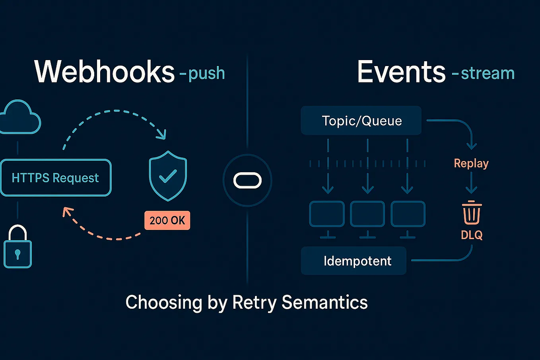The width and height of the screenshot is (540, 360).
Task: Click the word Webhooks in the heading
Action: point(105,72)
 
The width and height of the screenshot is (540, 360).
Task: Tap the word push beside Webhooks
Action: point(206,74)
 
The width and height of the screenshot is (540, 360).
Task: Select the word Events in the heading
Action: point(401,72)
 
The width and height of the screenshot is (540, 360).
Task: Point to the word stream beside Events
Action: point(488,74)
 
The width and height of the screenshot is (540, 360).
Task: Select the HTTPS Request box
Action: point(56,178)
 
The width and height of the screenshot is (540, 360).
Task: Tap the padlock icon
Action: point(17,247)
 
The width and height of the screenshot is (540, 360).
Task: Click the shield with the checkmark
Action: point(168,176)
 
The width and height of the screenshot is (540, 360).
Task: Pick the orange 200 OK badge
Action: point(167,220)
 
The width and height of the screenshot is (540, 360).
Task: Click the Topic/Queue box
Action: point(361,121)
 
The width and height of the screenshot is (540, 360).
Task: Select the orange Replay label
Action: point(471,163)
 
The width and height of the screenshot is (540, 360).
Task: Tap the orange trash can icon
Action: point(472,213)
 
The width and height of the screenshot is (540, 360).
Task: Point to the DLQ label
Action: point(472,235)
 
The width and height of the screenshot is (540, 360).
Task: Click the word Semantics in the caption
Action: point(324,302)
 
